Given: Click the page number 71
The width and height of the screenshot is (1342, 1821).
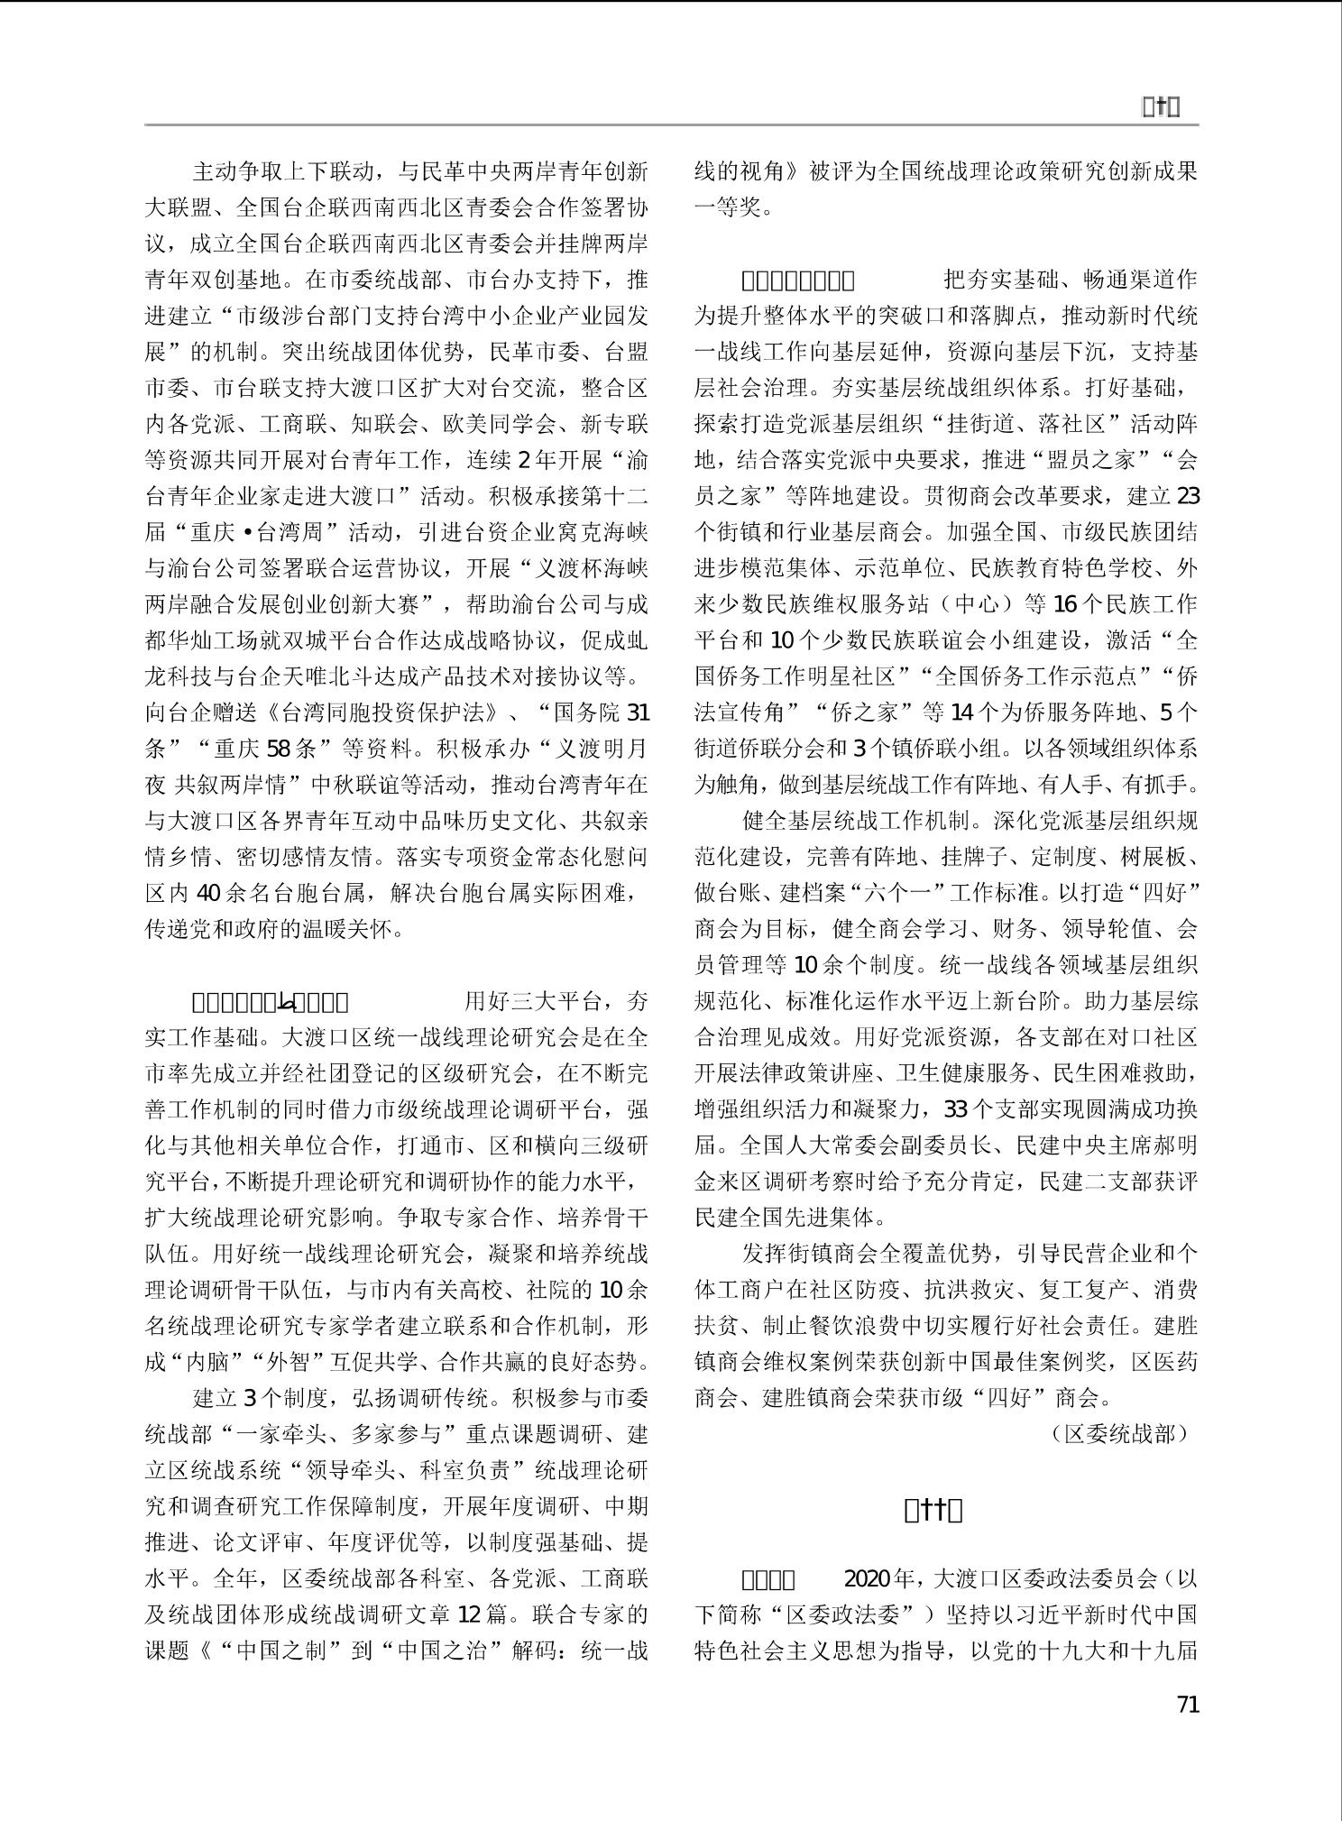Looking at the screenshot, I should [x=1188, y=1704].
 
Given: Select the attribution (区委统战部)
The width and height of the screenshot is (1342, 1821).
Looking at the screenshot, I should [x=1120, y=1433].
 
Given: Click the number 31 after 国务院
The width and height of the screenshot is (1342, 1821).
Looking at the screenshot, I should [x=638, y=713].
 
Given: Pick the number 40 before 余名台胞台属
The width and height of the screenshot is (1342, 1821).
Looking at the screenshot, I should [x=208, y=893].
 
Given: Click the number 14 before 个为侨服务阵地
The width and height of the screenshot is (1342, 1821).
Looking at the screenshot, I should [x=963, y=713].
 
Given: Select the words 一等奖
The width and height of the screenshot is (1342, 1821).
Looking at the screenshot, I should [x=734, y=207].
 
